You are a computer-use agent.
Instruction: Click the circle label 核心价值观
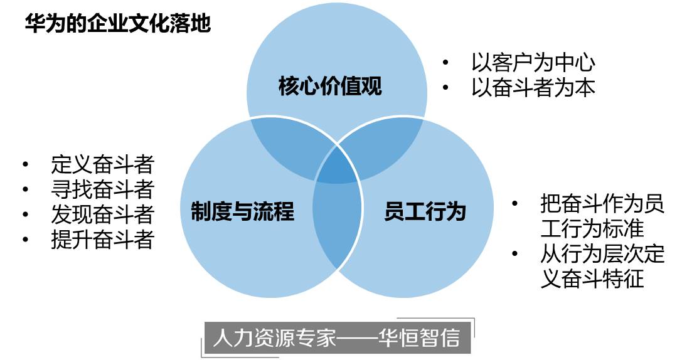330,86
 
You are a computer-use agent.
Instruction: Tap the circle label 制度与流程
242,211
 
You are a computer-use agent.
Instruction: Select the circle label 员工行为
425,211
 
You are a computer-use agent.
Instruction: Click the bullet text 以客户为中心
533,63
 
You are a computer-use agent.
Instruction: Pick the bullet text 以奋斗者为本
533,87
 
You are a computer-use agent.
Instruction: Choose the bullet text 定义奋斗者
102,165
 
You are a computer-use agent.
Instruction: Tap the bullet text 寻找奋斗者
102,189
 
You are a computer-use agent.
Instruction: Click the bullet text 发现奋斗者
102,214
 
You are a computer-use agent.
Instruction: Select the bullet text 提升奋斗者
102,240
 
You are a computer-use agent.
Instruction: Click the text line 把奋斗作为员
602,204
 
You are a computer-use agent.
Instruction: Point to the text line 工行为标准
592,228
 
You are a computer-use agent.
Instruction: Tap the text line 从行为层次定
602,254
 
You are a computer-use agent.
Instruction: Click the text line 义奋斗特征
592,278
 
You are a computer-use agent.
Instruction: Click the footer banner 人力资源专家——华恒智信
336,338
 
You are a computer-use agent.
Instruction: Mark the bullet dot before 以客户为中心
445,63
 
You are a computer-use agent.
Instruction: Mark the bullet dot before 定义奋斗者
25,165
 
